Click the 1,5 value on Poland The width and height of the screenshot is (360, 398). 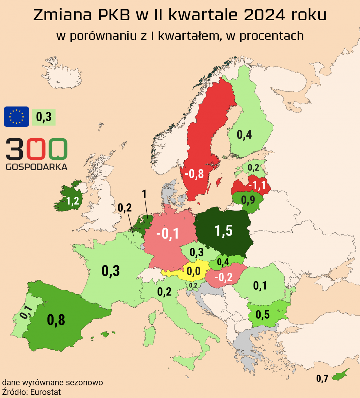223,231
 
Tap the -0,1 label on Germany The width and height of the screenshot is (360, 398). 168,234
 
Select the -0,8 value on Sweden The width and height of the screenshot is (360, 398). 194,174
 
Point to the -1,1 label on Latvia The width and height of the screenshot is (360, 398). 257,185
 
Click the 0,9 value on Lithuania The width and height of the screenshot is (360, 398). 248,200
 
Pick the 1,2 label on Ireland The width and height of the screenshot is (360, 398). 73,201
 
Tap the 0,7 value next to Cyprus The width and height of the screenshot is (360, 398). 322,378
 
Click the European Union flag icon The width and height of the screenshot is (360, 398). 17,117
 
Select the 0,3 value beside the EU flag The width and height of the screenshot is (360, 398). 44,117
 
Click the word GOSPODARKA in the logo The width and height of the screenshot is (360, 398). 37,167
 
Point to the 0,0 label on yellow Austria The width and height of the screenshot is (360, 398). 194,271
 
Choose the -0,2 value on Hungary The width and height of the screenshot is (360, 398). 224,277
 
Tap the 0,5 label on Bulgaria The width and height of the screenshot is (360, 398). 262,315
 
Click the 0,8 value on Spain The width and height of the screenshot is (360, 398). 56,320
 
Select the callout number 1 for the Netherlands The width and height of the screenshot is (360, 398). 144,194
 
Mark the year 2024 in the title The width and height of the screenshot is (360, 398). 264,15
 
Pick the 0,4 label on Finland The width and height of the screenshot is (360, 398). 244,135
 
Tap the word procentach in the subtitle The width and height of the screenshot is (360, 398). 272,36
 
